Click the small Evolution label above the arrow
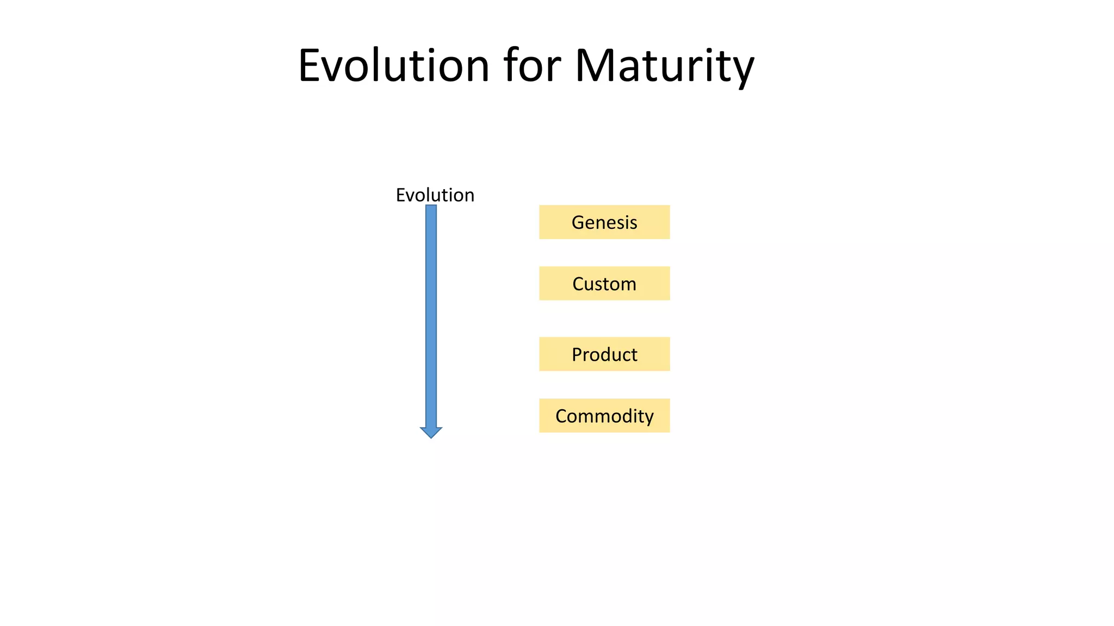coord(435,195)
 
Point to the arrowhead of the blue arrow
coord(431,433)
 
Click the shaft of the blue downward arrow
coord(431,315)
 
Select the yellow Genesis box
coord(604,222)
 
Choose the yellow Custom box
coord(604,284)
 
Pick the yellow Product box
coord(604,354)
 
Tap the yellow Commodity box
coord(604,416)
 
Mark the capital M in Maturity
coord(594,66)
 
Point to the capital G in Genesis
coord(578,222)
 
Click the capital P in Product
coord(577,354)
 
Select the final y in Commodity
coord(649,418)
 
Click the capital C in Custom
coord(578,284)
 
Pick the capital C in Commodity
coord(561,416)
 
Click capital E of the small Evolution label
coord(400,195)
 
